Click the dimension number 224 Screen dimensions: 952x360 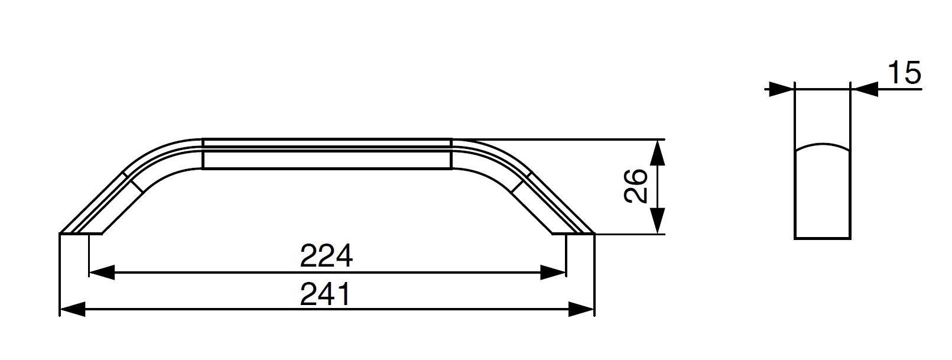coord(326,256)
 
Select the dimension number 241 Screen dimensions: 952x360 coord(326,294)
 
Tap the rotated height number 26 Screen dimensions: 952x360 coord(635,186)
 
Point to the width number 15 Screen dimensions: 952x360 coord(904,73)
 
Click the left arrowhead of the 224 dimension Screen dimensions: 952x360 coord(102,273)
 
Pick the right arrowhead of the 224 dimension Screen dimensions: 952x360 coord(553,273)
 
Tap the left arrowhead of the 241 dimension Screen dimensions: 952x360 coord(73,309)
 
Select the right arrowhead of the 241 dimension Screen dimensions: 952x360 coord(581,309)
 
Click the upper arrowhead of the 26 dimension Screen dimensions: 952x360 coord(658,153)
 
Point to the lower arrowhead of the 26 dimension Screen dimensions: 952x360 coord(658,220)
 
